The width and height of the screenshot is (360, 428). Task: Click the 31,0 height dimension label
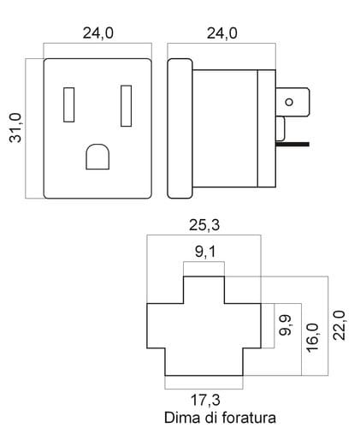(15, 128)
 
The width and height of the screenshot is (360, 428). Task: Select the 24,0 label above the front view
(97, 33)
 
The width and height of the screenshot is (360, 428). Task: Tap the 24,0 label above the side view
(221, 33)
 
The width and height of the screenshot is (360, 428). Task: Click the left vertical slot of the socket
(69, 104)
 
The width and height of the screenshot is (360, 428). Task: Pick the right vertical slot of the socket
(127, 105)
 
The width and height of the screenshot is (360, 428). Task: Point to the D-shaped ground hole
(97, 157)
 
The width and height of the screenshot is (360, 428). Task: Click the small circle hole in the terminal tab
(289, 102)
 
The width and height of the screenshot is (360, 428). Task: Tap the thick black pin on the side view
(292, 145)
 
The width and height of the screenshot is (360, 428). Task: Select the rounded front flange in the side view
(180, 128)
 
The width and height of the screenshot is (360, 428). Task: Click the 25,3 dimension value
(204, 225)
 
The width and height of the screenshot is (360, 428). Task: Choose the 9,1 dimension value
(205, 252)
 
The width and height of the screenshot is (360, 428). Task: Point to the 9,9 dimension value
(285, 324)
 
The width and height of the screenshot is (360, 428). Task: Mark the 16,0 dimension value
(312, 337)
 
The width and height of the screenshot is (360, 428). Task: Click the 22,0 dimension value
(339, 325)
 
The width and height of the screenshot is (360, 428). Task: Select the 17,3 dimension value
(205, 400)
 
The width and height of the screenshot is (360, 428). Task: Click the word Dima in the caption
(182, 418)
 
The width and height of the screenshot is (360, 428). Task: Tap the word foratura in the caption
(249, 418)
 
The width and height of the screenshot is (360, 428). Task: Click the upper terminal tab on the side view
(292, 102)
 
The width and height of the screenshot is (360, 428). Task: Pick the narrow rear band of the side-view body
(267, 128)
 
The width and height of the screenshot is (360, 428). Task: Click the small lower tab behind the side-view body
(280, 128)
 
